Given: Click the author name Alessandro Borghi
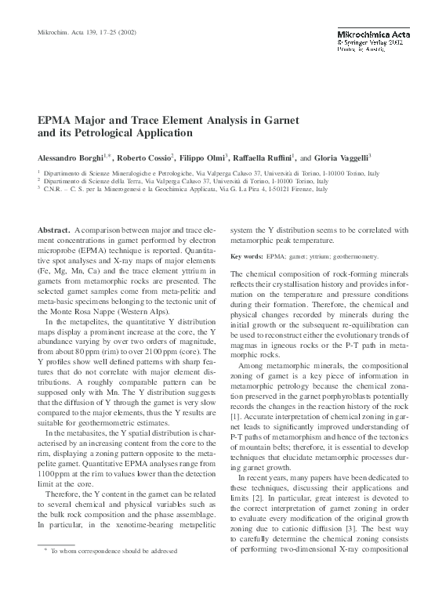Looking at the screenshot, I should coord(72,157).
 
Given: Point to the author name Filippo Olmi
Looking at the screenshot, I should coord(203,157).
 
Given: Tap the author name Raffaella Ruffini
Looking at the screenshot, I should coord(263,157).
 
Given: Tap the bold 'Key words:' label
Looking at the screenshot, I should coord(246,256).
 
